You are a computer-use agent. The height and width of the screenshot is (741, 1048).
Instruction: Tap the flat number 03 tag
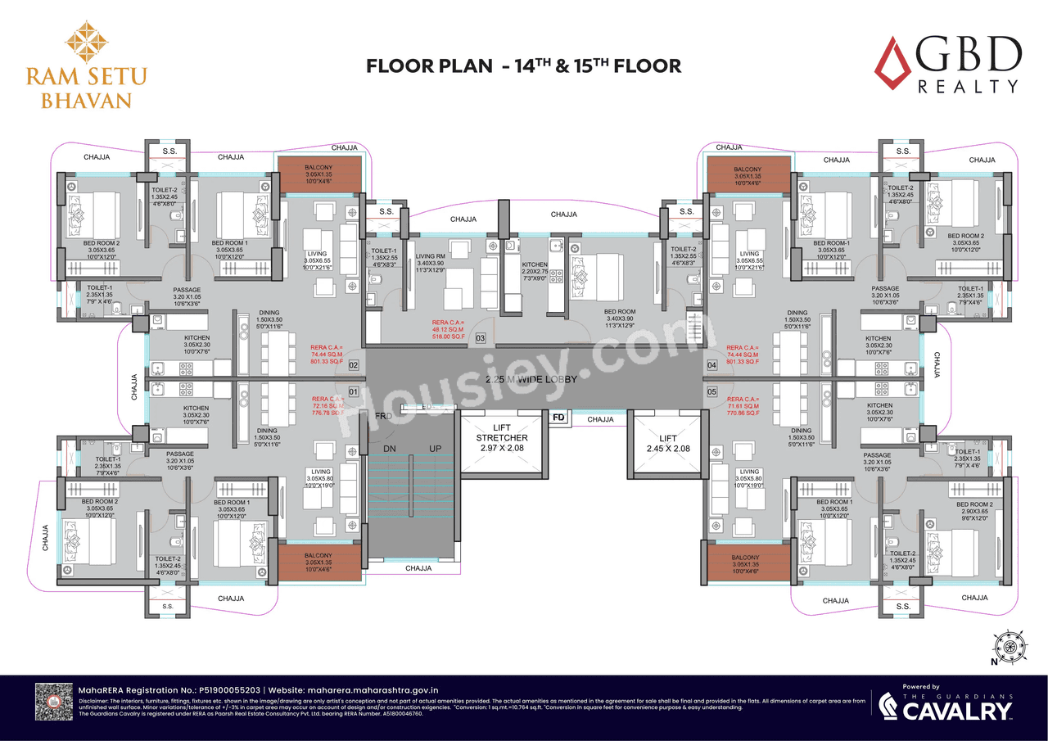481,337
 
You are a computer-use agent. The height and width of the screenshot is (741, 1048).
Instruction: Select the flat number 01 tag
355,391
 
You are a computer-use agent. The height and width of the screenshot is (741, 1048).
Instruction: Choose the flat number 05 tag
711,391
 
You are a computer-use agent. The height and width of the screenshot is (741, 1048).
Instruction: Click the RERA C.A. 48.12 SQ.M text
448,329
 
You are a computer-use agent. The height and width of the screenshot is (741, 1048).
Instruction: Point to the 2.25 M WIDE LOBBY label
531,380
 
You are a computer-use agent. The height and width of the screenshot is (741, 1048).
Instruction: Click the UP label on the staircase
436,449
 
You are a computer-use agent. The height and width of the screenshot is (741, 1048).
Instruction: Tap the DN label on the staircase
391,449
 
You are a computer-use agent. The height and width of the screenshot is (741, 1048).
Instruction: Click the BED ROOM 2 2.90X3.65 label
974,512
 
